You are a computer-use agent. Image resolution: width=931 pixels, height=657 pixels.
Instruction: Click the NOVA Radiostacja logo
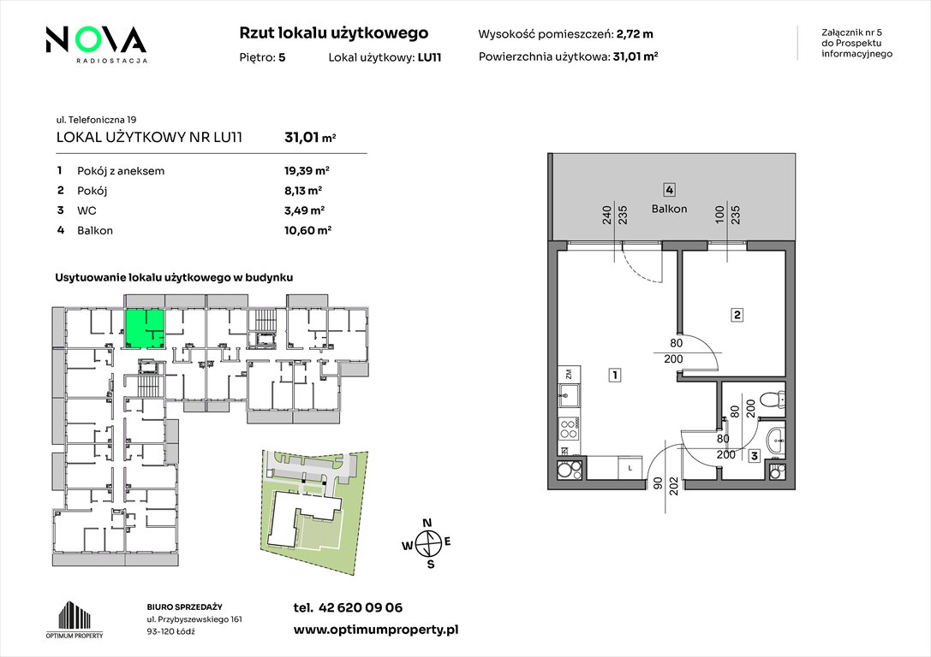(96, 44)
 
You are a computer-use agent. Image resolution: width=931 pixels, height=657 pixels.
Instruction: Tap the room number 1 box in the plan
(615, 375)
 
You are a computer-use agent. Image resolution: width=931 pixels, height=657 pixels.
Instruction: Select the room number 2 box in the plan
(737, 315)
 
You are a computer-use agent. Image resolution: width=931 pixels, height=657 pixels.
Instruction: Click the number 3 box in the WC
(754, 456)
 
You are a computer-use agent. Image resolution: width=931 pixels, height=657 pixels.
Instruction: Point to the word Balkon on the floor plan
(669, 209)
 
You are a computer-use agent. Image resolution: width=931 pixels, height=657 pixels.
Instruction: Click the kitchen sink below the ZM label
(569, 395)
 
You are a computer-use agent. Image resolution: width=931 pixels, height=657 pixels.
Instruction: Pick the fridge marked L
(630, 467)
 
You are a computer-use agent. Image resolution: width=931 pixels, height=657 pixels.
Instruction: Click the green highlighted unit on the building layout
(144, 328)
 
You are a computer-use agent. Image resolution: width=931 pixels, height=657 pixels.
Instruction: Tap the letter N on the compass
(427, 523)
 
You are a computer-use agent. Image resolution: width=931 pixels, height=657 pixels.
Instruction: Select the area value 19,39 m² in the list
(307, 171)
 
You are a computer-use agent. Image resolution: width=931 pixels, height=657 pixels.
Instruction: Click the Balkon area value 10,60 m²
(307, 230)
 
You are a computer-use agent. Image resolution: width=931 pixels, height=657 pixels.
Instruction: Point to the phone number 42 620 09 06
(361, 607)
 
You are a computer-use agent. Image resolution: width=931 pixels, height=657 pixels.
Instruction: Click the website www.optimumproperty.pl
(376, 630)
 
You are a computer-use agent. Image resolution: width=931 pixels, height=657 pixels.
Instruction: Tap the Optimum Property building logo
(75, 619)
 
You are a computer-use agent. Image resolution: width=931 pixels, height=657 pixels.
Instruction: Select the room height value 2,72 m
(635, 34)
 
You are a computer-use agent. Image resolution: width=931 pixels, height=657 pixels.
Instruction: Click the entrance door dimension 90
(657, 484)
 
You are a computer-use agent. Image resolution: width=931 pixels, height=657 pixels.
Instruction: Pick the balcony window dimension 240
(606, 214)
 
